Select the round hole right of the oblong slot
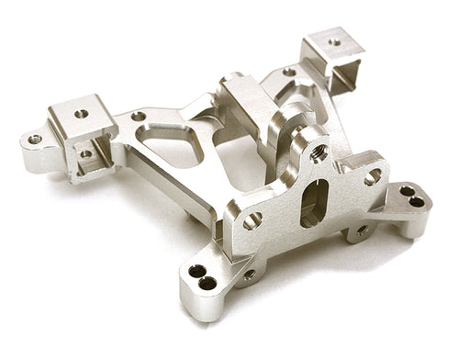373,177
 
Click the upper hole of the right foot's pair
406,191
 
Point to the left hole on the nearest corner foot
196,271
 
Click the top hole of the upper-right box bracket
336,41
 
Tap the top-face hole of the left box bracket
82,114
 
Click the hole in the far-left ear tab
35,140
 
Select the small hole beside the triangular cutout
138,117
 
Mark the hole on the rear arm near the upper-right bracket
289,72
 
